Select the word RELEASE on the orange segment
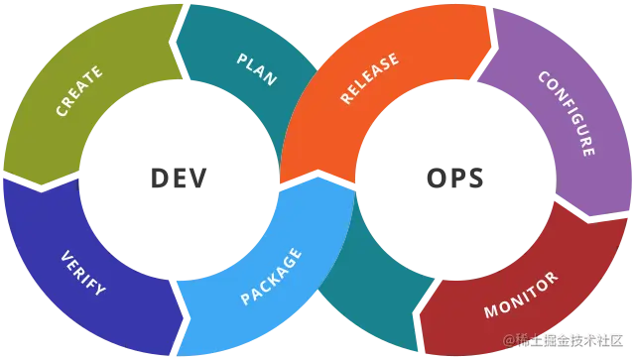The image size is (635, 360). [369, 78]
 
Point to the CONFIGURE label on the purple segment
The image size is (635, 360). [567, 113]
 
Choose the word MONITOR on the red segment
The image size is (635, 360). [520, 296]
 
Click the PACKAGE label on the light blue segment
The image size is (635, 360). [272, 276]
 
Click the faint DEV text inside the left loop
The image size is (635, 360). [182, 179]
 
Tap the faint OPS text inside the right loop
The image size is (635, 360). [451, 179]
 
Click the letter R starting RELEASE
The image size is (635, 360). [346, 99]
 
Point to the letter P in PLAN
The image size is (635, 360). [242, 60]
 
